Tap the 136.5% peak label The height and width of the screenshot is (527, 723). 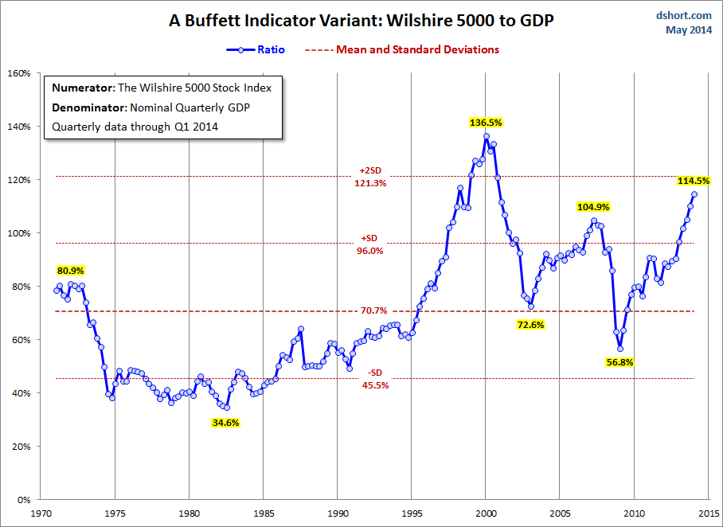point(486,123)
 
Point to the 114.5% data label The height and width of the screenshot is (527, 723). point(693,181)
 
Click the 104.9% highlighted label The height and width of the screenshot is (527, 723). point(593,207)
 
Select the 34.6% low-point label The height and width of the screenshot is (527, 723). point(226,423)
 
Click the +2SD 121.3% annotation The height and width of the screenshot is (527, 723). point(369,177)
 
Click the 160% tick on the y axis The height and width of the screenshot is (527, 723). point(18,73)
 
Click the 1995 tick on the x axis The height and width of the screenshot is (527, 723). point(412,513)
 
